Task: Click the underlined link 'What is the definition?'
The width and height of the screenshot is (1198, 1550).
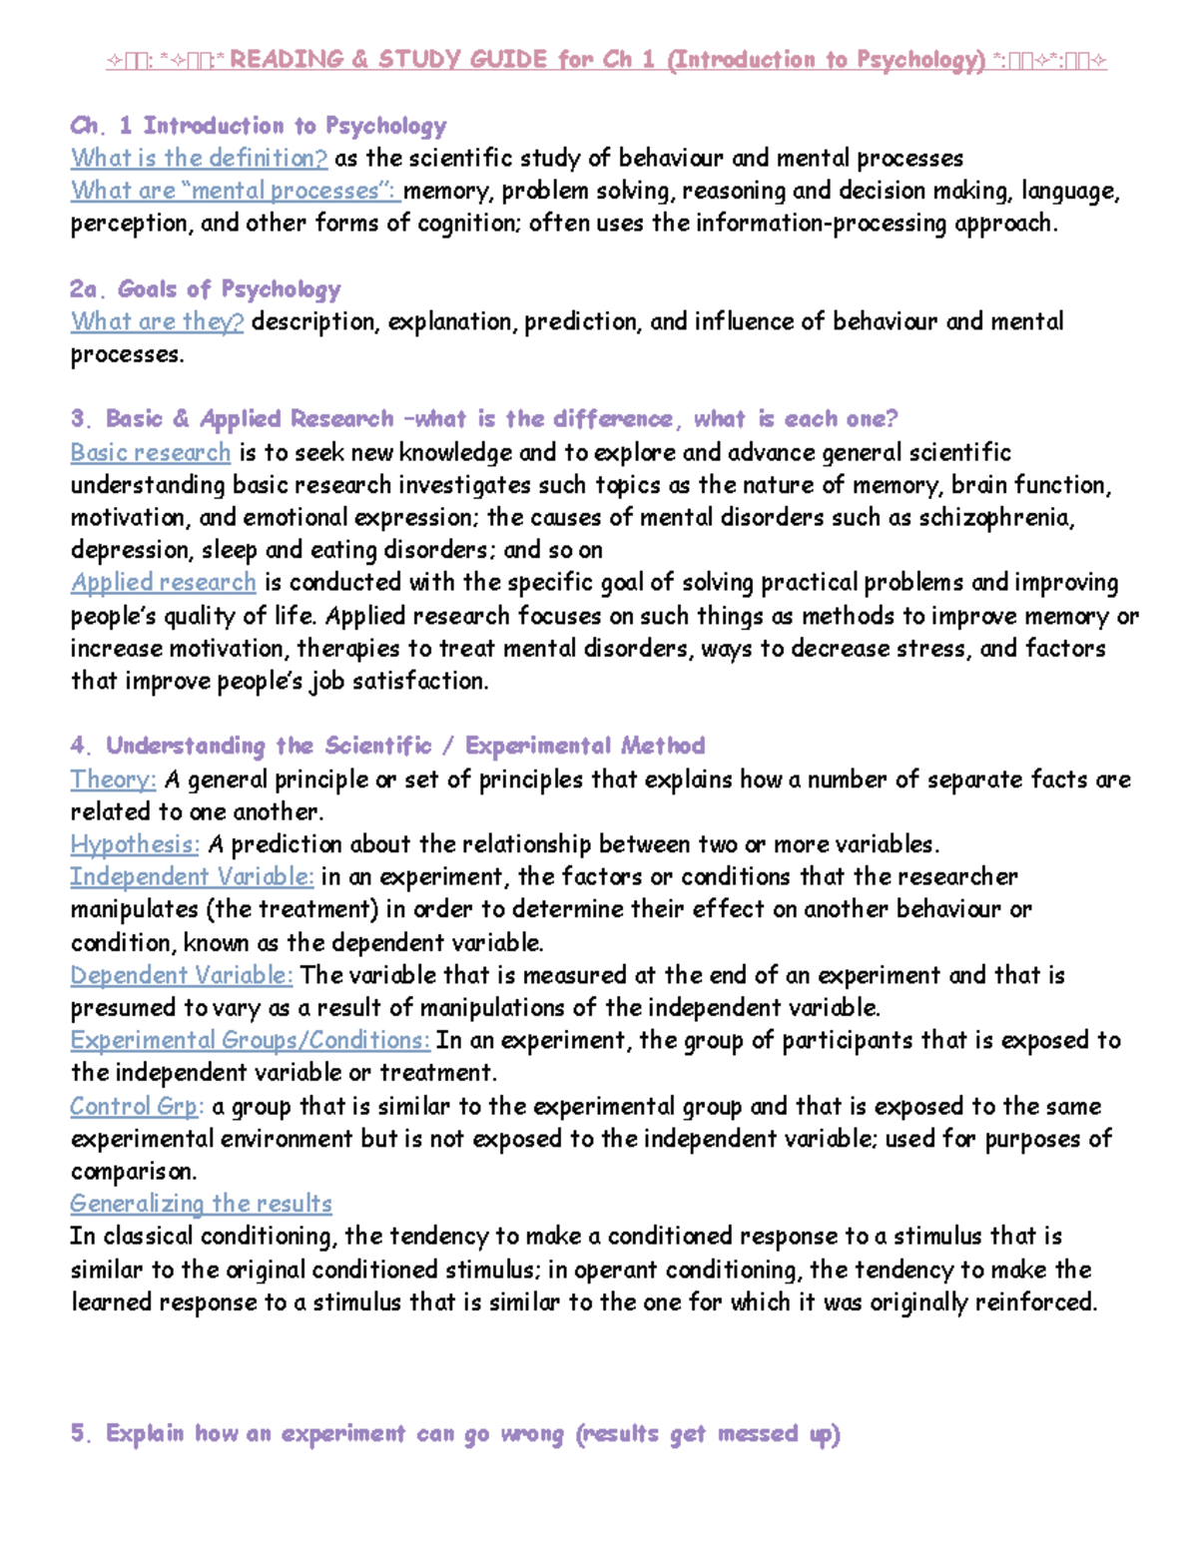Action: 199,158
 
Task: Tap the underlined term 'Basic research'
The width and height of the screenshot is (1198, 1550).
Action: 150,452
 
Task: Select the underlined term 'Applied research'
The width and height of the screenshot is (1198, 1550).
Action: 163,582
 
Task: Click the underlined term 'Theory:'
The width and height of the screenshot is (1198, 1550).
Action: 113,778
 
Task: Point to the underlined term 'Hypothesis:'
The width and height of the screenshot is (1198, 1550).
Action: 135,844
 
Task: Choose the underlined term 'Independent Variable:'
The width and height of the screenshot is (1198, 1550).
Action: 192,876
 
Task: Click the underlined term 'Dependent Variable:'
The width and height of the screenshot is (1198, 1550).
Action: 181,975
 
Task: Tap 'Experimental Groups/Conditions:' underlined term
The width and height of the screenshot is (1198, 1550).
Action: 250,1040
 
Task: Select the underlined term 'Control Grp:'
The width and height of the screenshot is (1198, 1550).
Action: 137,1106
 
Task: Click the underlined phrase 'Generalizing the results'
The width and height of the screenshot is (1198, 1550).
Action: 201,1204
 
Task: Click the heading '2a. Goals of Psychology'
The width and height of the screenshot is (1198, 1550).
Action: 205,289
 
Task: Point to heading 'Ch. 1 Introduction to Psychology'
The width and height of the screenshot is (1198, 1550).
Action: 258,126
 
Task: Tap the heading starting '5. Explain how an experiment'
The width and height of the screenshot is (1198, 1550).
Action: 455,1434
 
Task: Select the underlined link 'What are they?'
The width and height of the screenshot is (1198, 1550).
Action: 157,321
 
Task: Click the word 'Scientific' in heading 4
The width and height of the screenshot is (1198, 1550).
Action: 378,746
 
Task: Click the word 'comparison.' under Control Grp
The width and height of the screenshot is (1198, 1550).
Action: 134,1171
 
